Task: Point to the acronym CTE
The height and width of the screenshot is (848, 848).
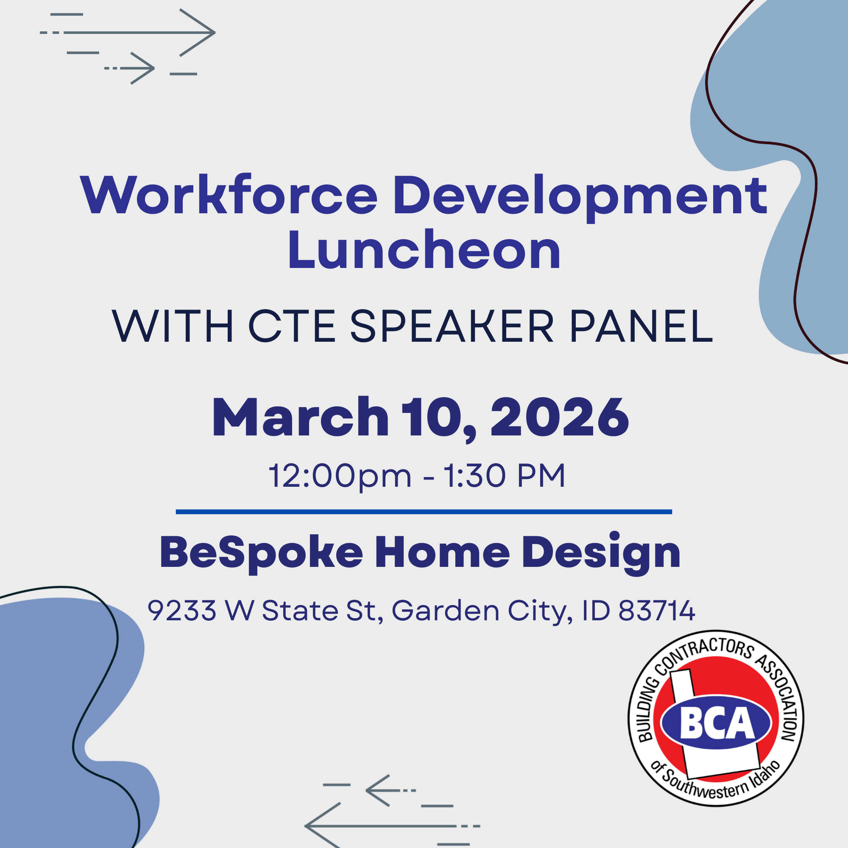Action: (292, 326)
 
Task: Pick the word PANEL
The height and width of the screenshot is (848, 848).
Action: (641, 326)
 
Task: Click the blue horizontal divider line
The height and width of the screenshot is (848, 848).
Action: (424, 512)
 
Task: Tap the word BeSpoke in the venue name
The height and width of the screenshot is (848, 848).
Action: (261, 552)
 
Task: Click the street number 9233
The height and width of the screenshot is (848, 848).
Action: (182, 611)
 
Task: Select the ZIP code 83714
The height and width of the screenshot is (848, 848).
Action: (657, 611)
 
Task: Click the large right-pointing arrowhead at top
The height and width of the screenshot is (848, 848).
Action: (198, 33)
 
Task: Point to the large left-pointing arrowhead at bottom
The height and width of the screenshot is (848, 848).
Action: (323, 826)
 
